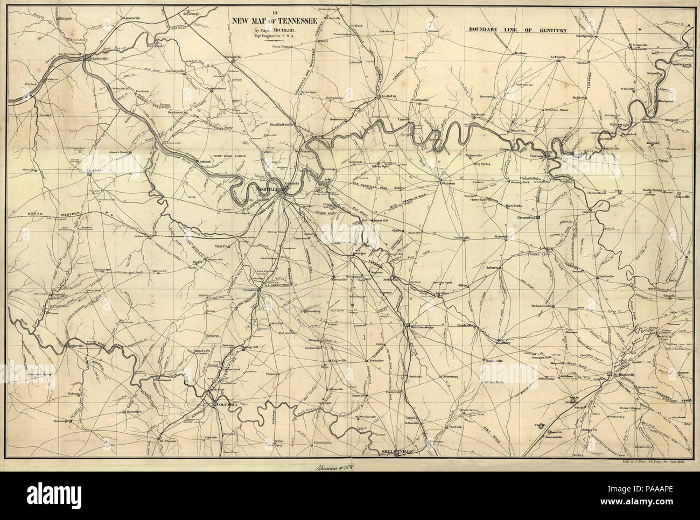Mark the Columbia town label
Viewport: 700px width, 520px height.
tap(225, 404)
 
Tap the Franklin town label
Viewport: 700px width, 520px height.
tap(248, 290)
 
